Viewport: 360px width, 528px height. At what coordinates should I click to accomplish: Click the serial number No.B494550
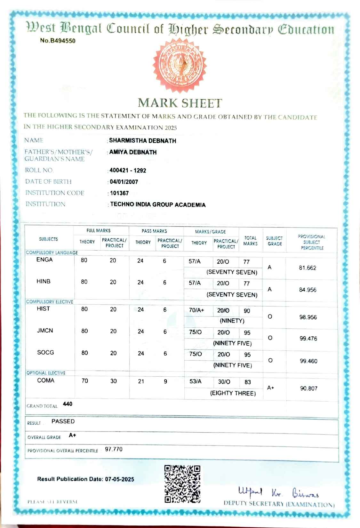coord(58,41)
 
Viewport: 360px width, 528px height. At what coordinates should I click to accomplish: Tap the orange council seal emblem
coord(180,66)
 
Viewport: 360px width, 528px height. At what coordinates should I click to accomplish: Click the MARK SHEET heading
coord(180,103)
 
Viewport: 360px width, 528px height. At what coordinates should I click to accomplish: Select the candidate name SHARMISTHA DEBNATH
coord(142,140)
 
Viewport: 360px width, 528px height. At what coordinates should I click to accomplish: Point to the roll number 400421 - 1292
coord(128,170)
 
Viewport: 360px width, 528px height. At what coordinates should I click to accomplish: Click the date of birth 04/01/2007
coord(124,182)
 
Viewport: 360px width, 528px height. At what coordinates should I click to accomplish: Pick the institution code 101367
coord(119,193)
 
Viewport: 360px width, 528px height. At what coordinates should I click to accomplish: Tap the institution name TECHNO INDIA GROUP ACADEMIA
coord(158,204)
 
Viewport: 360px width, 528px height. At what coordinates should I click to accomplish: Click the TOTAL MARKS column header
coord(250,241)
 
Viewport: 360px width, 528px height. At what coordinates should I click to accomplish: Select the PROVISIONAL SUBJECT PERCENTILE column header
coord(312,242)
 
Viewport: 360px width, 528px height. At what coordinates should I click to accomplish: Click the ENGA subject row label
coord(44,260)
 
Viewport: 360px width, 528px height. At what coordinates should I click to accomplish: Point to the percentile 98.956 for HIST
coord(308,317)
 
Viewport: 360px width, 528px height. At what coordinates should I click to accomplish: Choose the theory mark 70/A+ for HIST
coord(196,310)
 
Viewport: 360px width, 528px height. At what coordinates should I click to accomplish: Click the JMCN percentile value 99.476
coord(308,339)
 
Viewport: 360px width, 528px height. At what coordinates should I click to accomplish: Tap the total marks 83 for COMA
coord(248,382)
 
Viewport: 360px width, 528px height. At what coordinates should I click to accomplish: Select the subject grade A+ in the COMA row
coord(270,388)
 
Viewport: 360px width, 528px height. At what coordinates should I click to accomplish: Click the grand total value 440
coord(68,404)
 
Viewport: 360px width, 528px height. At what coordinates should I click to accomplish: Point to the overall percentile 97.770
coord(114,449)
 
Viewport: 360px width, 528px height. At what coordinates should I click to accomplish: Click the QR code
coord(182,484)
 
